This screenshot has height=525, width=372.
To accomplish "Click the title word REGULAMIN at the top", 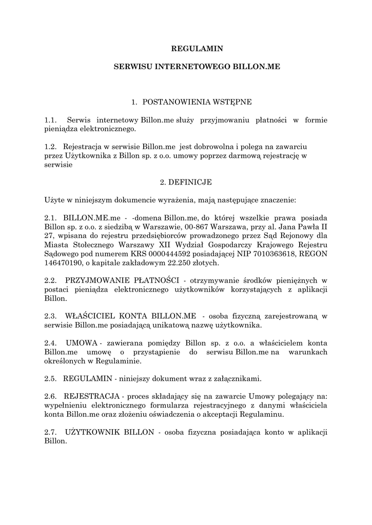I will (197, 49).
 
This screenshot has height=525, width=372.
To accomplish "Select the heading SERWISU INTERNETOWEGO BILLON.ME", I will (197, 67).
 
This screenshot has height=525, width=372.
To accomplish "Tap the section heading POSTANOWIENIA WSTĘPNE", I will (197, 102).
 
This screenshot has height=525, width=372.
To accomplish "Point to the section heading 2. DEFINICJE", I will (186, 182).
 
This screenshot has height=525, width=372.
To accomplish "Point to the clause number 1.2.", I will (51, 147).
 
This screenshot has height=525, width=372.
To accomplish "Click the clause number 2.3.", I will (51, 316).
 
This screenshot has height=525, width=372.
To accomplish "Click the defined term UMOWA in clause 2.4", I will (82, 342).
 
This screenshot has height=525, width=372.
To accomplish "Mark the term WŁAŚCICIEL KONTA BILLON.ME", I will (131, 316).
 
